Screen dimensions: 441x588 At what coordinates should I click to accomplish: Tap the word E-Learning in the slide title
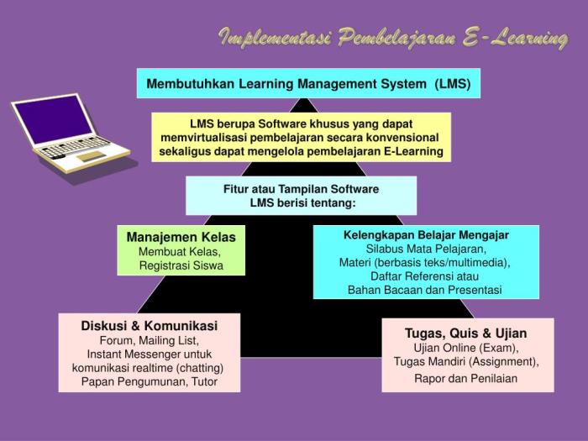click(514, 37)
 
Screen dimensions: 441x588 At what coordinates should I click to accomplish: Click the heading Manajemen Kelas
click(181, 238)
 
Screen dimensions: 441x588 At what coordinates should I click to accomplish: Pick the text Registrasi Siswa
click(181, 266)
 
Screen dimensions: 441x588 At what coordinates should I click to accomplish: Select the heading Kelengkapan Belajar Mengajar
click(426, 234)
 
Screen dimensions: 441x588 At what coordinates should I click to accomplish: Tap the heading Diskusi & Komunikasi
click(149, 326)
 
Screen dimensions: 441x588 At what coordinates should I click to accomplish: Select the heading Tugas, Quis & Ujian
click(466, 333)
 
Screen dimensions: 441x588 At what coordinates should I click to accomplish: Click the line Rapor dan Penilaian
click(466, 378)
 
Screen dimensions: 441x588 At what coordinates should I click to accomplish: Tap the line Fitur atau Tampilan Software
click(301, 189)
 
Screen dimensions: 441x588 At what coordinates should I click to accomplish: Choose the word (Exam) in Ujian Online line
click(499, 347)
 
